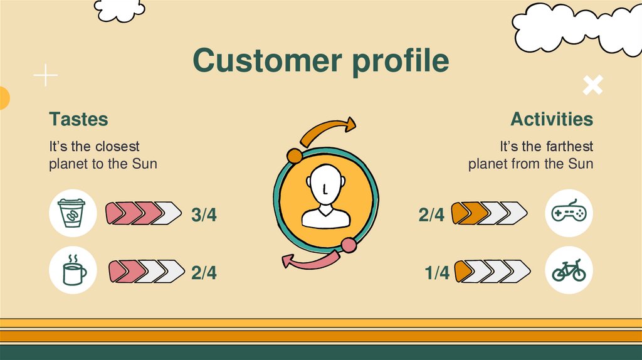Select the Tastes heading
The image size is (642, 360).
coord(78,119)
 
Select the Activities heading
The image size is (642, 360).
coord(551,119)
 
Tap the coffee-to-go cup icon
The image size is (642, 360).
coord(73,213)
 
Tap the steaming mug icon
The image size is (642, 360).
coord(73,271)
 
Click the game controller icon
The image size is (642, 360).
coord(569,214)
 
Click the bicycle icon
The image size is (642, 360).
coord(569,271)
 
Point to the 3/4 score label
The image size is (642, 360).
coord(204,214)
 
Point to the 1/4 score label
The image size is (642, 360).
coord(437,273)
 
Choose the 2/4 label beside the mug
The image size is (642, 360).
coord(204,273)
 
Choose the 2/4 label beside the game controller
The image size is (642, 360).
coord(431,214)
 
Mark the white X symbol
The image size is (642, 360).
coord(592,85)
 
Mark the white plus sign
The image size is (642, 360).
coord(45,76)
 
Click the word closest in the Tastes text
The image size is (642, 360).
coord(118,147)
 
